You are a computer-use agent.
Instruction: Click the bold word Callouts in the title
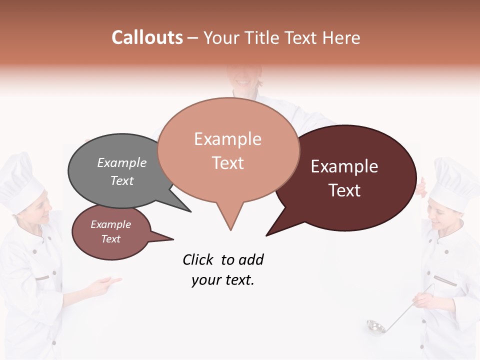(x=147, y=37)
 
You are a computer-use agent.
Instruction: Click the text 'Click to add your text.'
(x=223, y=270)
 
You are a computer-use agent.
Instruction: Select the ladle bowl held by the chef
(x=375, y=327)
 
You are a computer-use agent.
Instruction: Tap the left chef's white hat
(x=20, y=180)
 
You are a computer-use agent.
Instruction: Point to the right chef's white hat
(x=455, y=182)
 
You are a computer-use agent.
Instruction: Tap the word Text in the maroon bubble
(x=345, y=190)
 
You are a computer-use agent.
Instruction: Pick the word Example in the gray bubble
(x=122, y=163)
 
